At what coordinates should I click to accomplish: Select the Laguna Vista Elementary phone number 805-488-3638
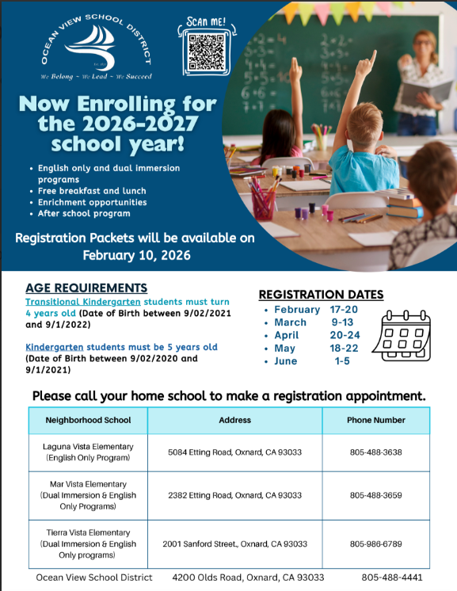376,452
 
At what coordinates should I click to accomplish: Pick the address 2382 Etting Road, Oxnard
234,495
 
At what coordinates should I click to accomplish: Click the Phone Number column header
376,420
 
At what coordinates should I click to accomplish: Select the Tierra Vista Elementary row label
87,543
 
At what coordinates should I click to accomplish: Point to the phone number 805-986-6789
376,544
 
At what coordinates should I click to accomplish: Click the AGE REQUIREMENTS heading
86,288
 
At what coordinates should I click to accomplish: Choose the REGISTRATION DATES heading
321,295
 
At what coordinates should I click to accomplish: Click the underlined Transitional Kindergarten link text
75,302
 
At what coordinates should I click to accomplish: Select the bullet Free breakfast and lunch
92,191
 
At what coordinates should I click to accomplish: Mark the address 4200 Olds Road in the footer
248,578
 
